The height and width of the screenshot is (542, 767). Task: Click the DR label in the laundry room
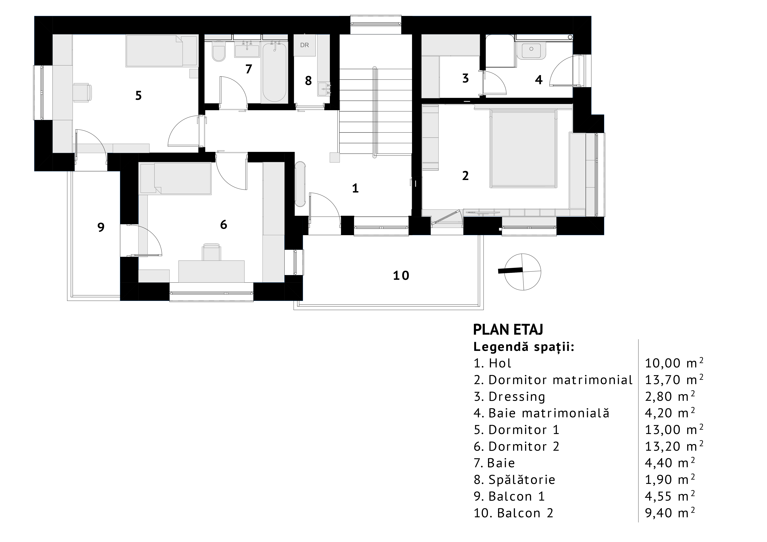click(304, 45)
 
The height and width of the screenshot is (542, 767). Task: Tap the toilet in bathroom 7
click(219, 52)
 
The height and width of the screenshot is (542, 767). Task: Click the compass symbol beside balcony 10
click(522, 272)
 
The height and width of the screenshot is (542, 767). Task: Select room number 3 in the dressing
click(465, 78)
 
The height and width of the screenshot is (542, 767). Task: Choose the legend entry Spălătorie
click(515, 480)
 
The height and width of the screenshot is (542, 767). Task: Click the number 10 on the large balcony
click(401, 276)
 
